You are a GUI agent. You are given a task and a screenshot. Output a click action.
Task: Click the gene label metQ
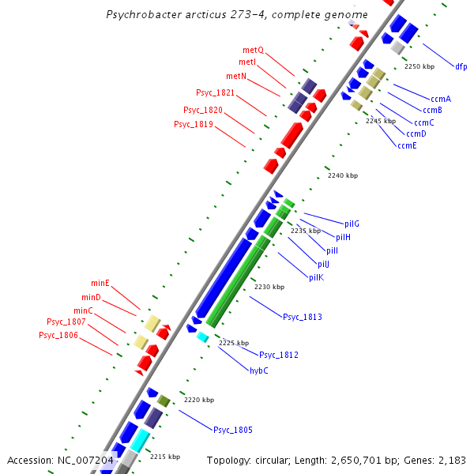pos(253,50)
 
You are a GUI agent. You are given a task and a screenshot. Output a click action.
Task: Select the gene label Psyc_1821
pos(215,92)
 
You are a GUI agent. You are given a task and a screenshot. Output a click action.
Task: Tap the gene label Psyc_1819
pos(193,124)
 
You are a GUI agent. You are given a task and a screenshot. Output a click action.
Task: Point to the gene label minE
pos(100,283)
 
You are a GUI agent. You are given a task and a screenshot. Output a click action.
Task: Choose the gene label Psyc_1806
pos(58,335)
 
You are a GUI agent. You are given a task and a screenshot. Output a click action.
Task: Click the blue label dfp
pos(461,66)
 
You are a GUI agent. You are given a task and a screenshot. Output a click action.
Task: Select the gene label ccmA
pos(440,99)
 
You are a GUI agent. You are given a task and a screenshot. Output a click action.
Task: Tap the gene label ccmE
pos(407,145)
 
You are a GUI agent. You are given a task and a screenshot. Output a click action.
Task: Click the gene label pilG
pos(352,224)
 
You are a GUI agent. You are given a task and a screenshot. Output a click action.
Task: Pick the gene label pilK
pos(316,277)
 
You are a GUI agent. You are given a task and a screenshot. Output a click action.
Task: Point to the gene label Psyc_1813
pos(302,317)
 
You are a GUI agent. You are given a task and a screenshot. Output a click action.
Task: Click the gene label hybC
pos(259,371)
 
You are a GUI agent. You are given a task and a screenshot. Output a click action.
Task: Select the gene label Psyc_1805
pos(232,430)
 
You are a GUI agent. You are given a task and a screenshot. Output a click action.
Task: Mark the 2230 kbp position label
pos(269,287)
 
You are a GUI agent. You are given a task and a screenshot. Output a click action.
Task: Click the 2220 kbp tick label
pos(199,400)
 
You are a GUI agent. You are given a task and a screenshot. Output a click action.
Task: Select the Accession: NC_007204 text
pos(61,460)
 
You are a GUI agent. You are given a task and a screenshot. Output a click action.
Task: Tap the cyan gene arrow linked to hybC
pos(202,337)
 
